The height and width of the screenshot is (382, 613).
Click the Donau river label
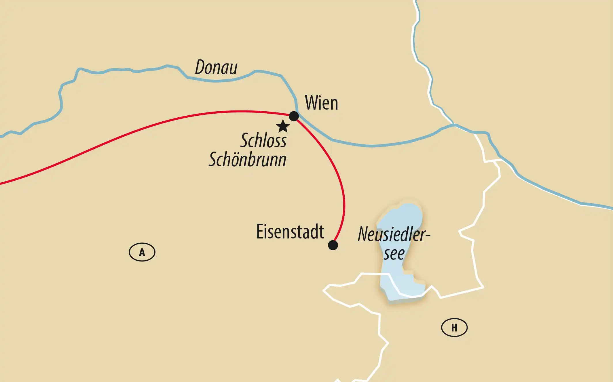(216, 67)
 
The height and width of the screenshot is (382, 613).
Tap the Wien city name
(321, 103)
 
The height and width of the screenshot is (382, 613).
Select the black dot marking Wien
(294, 116)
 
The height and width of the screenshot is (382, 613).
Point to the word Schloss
(263, 140)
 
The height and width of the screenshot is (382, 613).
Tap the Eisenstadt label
(290, 232)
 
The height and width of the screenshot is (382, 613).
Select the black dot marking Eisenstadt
(333, 245)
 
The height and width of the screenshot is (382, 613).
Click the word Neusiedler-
(393, 234)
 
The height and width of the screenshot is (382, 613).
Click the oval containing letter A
(142, 252)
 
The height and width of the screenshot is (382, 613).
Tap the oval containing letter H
(454, 328)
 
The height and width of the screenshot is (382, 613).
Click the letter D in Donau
(201, 67)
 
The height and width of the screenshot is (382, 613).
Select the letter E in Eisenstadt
(260, 232)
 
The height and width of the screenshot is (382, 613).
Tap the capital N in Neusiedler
(364, 234)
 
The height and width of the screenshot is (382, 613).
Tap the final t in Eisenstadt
(321, 232)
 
